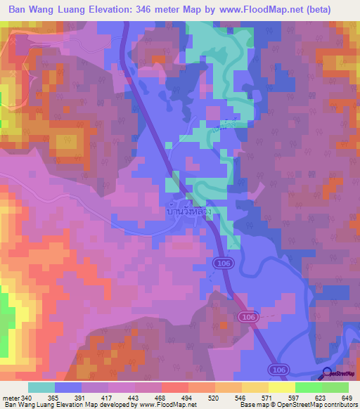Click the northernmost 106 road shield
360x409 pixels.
pos(218,262)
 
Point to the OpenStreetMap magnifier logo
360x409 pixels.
pos(327,375)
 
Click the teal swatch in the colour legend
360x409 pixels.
pos(41,387)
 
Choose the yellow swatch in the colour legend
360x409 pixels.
pos(281,387)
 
